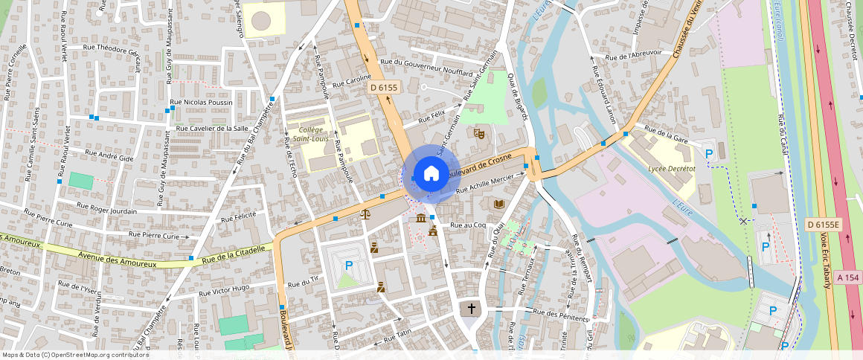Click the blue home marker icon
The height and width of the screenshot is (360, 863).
431,174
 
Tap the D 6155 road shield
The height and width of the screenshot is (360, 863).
385,88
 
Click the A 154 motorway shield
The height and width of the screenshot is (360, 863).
847,277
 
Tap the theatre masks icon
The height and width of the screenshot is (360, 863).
480,133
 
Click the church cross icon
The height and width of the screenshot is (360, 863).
470,308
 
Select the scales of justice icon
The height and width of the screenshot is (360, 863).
365,214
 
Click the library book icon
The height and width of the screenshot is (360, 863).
498,204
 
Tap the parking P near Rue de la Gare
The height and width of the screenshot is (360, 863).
710,153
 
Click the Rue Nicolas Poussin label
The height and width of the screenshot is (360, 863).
201,103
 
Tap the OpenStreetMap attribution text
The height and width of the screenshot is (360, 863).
75,355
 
